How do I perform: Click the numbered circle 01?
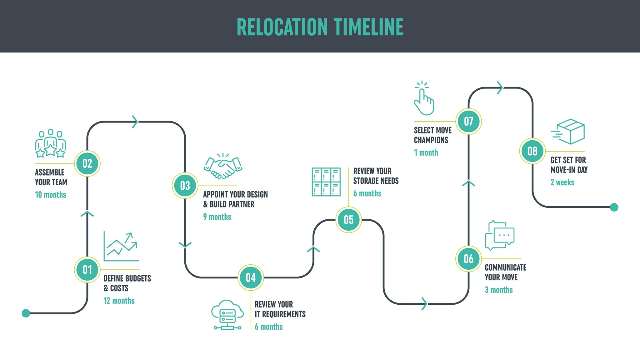87,270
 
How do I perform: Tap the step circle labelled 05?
348,220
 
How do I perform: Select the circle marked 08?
532,151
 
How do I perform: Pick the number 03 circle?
185,186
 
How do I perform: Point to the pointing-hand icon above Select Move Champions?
424,98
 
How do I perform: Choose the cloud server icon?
227,315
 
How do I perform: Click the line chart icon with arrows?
121,247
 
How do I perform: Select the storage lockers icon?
326,182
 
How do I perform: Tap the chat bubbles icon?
499,235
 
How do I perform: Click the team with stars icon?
50,143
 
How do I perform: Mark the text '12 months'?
119,301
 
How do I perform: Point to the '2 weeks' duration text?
562,182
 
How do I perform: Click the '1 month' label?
426,153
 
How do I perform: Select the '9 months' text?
217,217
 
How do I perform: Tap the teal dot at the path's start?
26,313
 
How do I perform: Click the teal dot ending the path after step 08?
614,207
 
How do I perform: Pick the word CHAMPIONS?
431,140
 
